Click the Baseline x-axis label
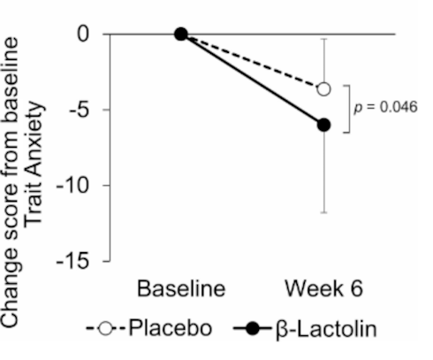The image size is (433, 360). click(181, 289)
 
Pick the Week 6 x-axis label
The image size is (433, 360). click(323, 289)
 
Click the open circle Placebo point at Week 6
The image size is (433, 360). click(323, 88)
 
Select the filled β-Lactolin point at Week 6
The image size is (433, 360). click(323, 125)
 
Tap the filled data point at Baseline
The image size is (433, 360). click(181, 34)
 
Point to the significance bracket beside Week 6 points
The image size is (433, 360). click(350, 108)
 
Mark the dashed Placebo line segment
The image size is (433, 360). click(252, 61)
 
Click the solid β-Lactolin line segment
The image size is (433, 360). click(252, 80)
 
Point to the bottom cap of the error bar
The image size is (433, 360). click(323, 212)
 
